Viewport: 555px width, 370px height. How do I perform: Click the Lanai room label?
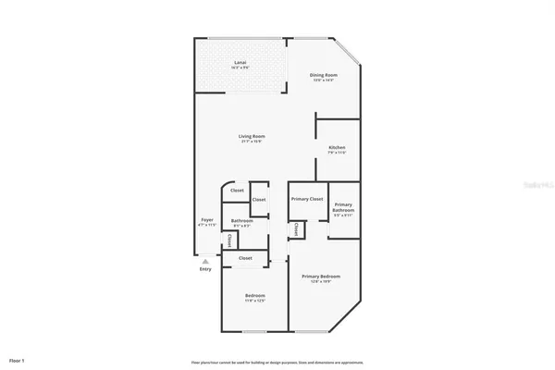pos(239,63)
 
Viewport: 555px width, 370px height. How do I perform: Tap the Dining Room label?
pos(323,75)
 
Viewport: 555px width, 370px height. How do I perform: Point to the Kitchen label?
pos(337,148)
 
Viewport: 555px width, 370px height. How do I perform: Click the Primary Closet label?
pos(306,199)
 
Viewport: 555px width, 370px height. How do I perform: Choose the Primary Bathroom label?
pos(342,207)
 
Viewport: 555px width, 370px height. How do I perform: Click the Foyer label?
pos(206,219)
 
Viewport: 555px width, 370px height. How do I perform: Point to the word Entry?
pos(205,269)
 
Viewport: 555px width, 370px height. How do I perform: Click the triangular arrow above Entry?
pos(205,262)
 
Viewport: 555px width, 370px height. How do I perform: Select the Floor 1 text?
pos(17,360)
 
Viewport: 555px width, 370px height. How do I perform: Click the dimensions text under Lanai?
pos(239,68)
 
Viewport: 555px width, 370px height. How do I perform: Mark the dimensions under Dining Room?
pos(323,80)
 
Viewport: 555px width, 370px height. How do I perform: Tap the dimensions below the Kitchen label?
pos(337,154)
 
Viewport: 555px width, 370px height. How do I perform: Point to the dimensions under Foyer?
pos(206,225)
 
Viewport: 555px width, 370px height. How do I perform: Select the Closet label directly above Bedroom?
pos(245,258)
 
